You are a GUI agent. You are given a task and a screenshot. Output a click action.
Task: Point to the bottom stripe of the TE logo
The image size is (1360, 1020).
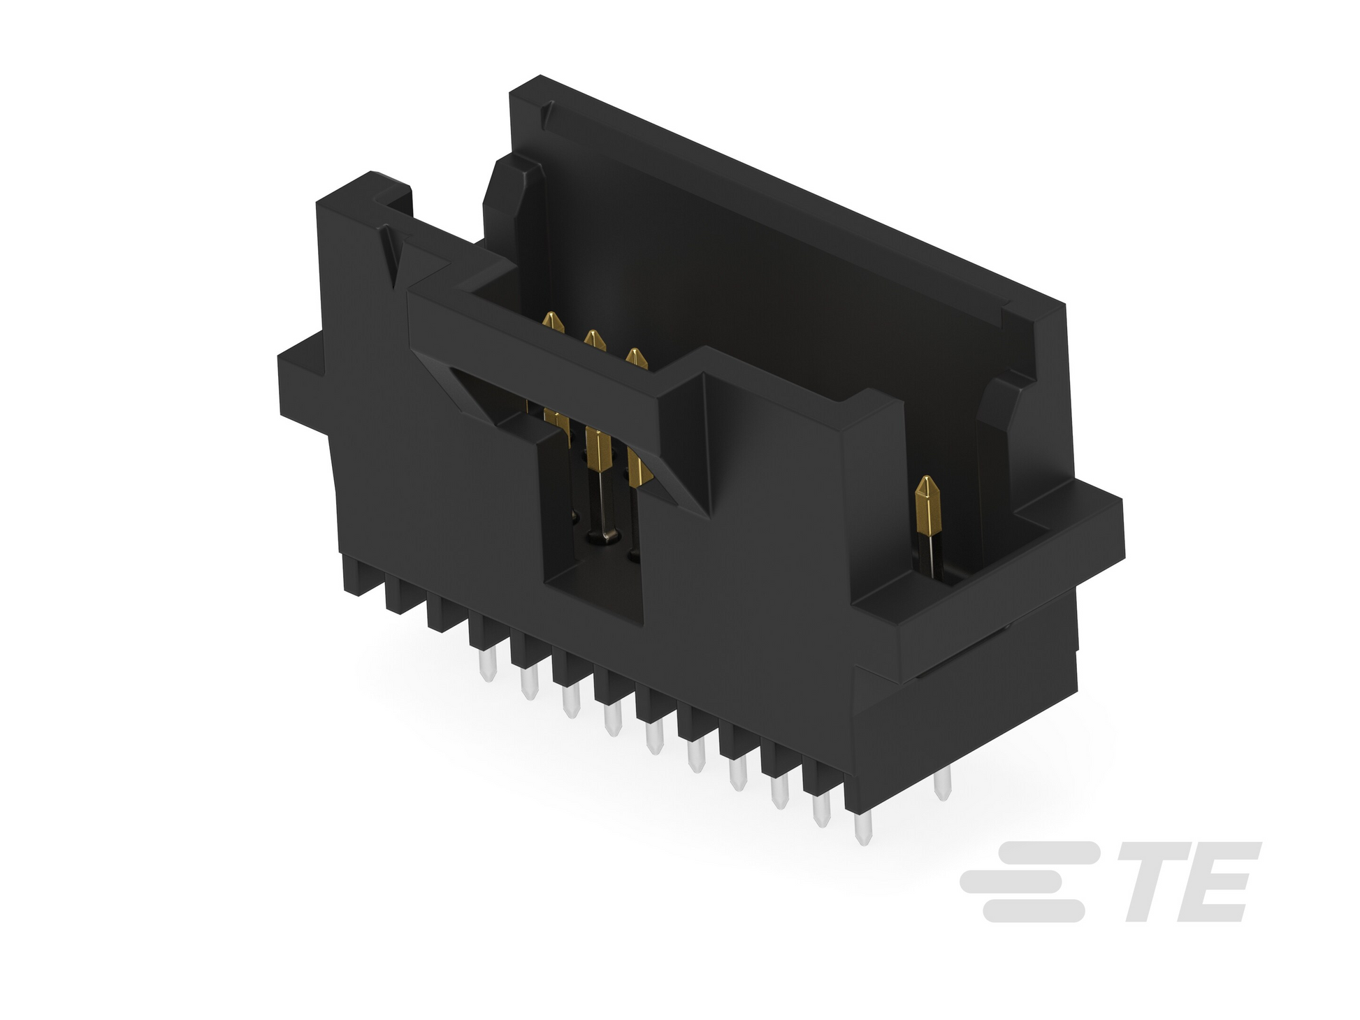(1034, 910)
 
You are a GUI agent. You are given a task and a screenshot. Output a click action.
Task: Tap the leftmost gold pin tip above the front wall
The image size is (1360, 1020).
(554, 323)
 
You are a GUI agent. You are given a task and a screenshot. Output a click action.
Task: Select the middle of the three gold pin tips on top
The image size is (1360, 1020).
(594, 341)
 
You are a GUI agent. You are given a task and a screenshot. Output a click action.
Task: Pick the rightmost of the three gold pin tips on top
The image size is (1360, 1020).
(636, 359)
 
